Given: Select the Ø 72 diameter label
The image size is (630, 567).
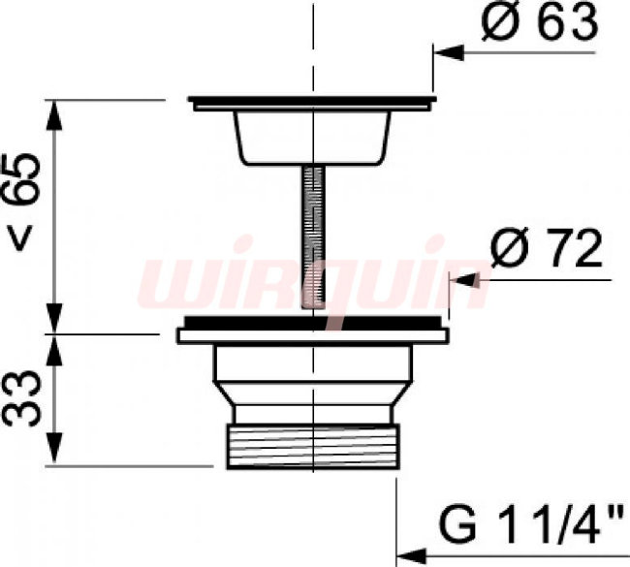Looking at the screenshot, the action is click(x=547, y=248).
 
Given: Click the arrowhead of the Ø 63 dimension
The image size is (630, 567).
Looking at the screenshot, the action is click(x=449, y=52).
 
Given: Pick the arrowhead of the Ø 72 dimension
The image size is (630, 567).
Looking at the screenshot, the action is click(x=465, y=280).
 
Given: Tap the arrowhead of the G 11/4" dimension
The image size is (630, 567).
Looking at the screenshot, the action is click(x=411, y=556).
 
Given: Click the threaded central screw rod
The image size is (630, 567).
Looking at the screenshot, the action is click(x=313, y=237).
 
